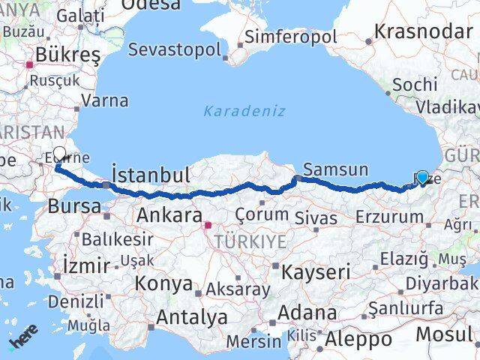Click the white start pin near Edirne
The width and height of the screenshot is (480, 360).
[x=60, y=154]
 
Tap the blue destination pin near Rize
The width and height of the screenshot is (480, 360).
[x=422, y=177]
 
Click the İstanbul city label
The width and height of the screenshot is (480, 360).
[x=150, y=175]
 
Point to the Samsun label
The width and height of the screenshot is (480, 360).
[x=336, y=169]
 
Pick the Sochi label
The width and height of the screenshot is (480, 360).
[x=415, y=85]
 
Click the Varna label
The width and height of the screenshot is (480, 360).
[x=104, y=100]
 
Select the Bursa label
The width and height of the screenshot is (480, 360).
[x=75, y=206]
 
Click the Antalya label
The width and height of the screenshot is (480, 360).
[x=191, y=316]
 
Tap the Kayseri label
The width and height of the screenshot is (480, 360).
[x=316, y=271]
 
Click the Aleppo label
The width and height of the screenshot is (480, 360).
[x=358, y=339]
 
